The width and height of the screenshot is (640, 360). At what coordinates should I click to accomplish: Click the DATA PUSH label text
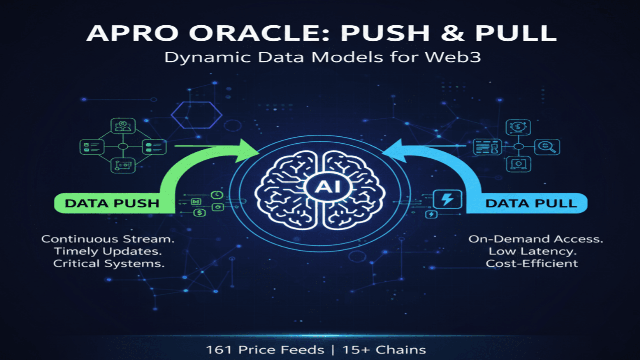(x=112, y=203)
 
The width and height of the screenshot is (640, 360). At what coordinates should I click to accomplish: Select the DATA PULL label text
(x=531, y=203)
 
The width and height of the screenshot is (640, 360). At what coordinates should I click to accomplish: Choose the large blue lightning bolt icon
(x=447, y=200)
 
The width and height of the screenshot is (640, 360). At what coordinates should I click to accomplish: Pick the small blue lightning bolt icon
(x=430, y=215)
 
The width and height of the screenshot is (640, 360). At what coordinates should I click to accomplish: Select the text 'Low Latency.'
(x=536, y=251)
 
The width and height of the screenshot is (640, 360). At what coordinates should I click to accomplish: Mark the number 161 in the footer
(x=218, y=350)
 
